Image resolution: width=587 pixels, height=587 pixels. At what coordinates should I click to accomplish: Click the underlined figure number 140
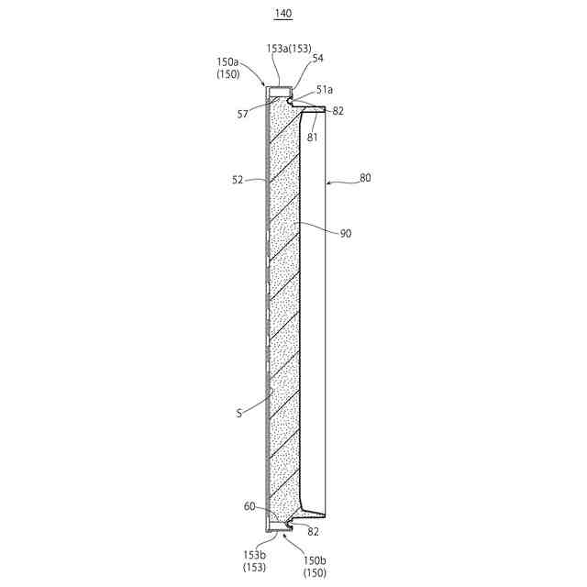[x=283, y=14]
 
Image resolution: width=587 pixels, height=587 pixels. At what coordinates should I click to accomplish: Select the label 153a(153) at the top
[x=289, y=49]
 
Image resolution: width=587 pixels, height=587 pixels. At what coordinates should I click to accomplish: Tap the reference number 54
[x=317, y=58]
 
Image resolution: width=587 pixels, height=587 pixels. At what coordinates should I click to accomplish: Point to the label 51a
[x=324, y=90]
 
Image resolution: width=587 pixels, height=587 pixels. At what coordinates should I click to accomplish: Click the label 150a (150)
[x=228, y=68]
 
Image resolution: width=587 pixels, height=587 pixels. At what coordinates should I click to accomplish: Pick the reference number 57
[x=242, y=114]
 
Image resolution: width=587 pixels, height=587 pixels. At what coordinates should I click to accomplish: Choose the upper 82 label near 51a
[x=338, y=111]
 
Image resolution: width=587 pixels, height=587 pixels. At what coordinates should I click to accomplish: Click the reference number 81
[x=312, y=138]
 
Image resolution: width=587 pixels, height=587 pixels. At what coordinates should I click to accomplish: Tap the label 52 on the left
[x=238, y=180]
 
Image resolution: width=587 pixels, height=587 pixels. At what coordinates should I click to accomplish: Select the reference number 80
[x=365, y=178]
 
